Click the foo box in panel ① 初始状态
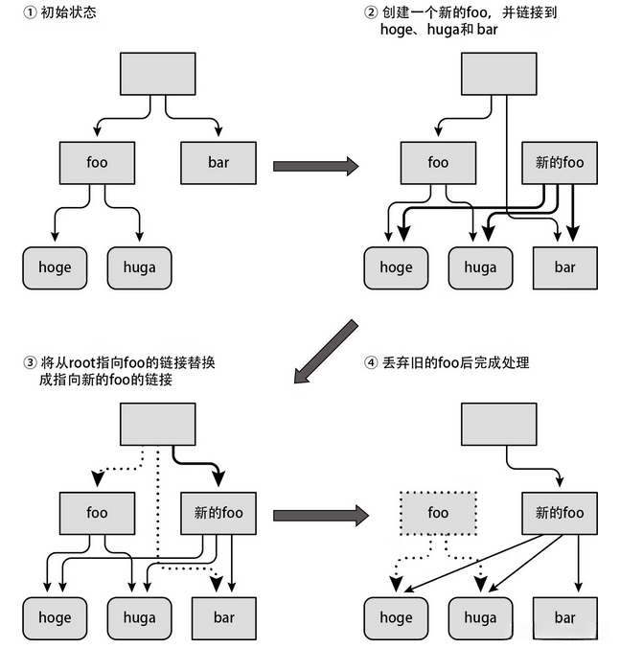coord(97,163)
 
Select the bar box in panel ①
coord(218,163)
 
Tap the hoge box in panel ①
coord(55,267)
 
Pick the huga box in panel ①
coord(139,267)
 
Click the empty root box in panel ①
coord(157,74)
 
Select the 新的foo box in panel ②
coord(560,163)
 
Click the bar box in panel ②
coord(565,267)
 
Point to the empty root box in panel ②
coord(499,74)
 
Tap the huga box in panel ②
coord(481,267)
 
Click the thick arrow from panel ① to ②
coord(315,166)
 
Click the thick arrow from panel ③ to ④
coord(315,516)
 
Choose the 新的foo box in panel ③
coord(218,513)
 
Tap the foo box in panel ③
coord(97,513)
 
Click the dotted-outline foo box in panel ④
coord(438,513)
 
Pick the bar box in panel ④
coord(565,618)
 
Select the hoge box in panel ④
coord(396,618)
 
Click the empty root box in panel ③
coord(157,424)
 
